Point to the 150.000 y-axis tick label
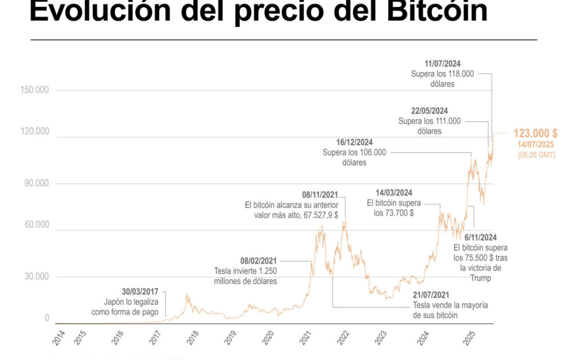click(36, 90)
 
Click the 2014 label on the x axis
click(59, 338)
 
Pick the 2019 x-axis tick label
click(230, 338)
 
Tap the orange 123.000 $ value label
click(535, 133)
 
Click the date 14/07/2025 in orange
click(535, 145)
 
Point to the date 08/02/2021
click(259, 261)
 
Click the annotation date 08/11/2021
click(320, 195)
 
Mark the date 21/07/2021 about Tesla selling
click(433, 295)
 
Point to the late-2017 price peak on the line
click(187, 295)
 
